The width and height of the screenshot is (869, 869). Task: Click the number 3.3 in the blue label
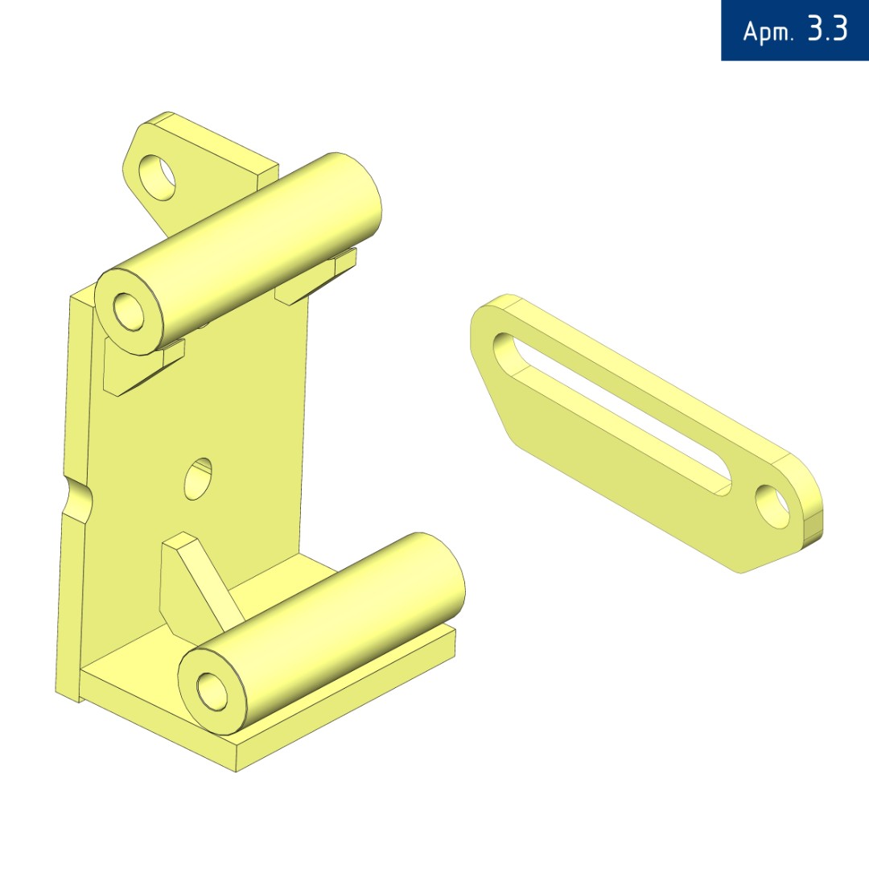(827, 29)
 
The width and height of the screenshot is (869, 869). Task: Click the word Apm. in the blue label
(768, 31)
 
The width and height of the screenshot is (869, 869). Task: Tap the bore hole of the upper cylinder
(129, 311)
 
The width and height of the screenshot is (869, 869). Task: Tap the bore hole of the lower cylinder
(212, 691)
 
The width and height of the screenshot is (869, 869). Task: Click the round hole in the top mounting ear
(157, 178)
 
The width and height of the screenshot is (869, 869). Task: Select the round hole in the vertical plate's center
(198, 479)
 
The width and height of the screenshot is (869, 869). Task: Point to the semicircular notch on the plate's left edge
(77, 498)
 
